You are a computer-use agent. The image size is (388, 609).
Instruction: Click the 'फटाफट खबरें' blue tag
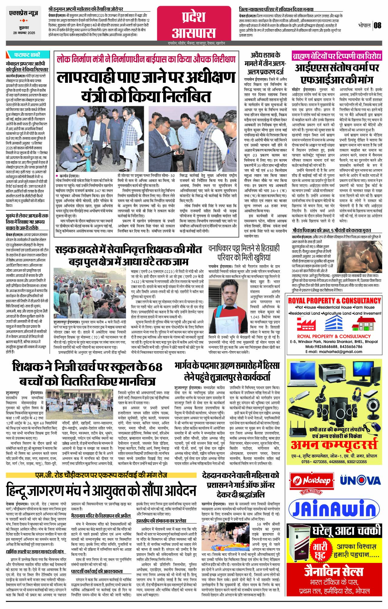point(27,55)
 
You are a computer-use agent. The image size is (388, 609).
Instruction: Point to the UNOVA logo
point(360,480)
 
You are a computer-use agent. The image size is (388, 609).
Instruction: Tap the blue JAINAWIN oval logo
point(333,510)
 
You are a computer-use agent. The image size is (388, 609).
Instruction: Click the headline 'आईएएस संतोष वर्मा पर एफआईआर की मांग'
point(336,73)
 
